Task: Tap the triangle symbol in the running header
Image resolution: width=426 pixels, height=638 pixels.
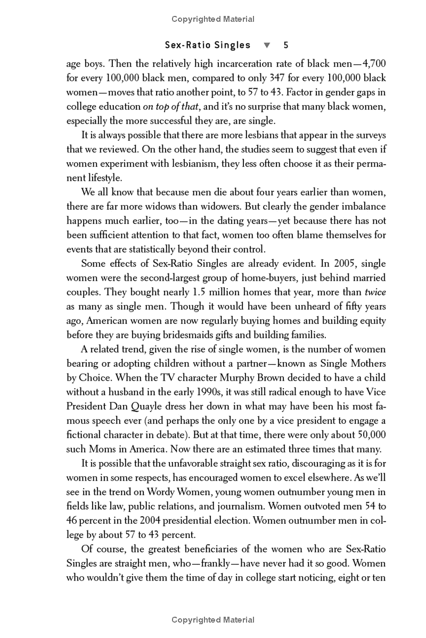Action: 267,45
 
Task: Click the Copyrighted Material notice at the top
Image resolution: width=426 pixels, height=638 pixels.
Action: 213,19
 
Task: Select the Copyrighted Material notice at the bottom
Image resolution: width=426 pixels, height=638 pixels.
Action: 213,620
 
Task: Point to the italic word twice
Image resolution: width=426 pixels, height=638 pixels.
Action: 375,292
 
